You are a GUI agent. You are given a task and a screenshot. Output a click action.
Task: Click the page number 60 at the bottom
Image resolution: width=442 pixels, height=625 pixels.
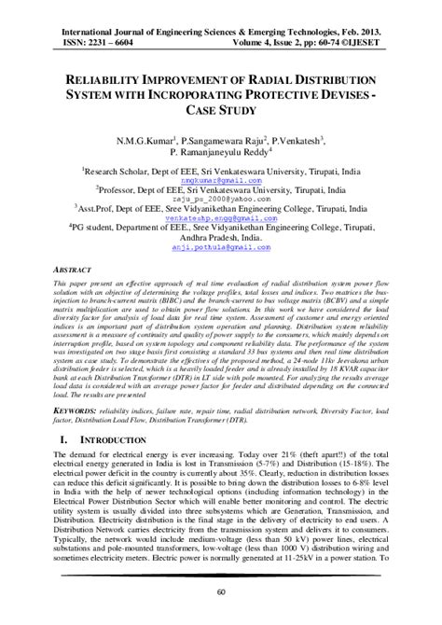[x=220, y=591]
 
